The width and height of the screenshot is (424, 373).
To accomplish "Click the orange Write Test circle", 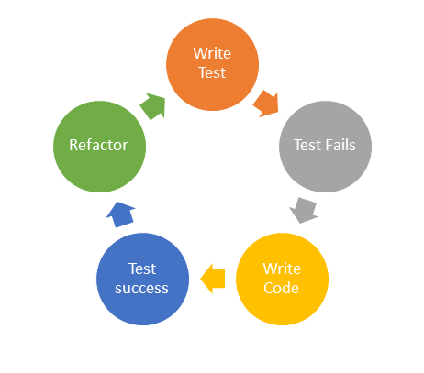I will (212, 62).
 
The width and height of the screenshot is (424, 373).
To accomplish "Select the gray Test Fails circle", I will (325, 145).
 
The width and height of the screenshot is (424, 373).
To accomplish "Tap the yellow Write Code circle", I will (282, 278).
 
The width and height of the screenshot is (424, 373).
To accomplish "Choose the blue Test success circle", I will (142, 278).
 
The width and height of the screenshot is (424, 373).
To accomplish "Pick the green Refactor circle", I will (99, 145).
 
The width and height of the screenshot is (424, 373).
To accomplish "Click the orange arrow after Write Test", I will (267, 100).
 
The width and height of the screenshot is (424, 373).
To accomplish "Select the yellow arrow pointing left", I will (212, 278).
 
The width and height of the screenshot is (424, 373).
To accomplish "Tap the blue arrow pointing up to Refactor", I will (121, 214).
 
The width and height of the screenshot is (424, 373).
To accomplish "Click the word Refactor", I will (99, 145).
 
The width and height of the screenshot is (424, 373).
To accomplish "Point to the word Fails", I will (340, 145).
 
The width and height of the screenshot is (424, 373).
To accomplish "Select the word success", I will (142, 288).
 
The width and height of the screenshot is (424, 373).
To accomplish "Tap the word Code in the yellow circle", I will (282, 288).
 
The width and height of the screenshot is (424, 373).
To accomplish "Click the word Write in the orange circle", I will (212, 53).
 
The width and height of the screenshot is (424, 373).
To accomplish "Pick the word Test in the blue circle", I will (142, 269).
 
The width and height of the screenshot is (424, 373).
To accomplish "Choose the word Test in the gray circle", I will (307, 145).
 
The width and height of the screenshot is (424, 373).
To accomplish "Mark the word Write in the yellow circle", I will (282, 269).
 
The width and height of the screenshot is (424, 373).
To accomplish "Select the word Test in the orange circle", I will (212, 72).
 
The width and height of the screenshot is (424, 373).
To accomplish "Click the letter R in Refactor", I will (73, 145).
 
